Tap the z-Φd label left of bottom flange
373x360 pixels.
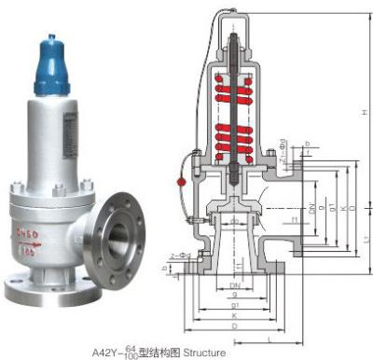click(x=180, y=255)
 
